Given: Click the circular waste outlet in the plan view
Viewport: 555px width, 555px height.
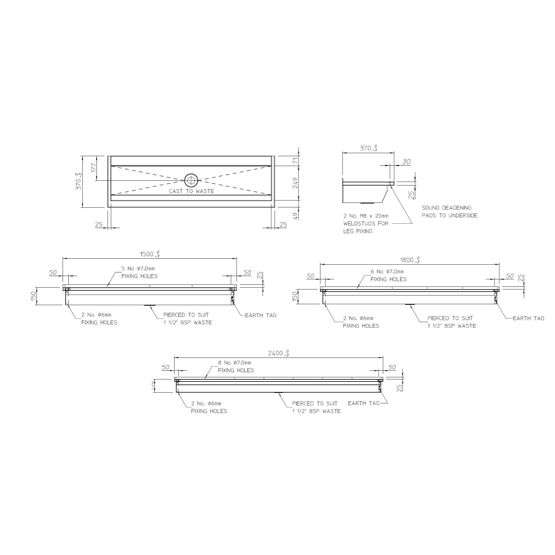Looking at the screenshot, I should click(x=191, y=180).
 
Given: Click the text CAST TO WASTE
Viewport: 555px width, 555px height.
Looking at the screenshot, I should click(x=191, y=191).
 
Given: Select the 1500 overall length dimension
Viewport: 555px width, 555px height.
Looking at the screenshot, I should click(x=149, y=254).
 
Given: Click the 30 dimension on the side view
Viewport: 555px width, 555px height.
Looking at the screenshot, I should click(x=406, y=162).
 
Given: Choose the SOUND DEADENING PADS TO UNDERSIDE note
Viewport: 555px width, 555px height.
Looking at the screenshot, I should click(x=449, y=211).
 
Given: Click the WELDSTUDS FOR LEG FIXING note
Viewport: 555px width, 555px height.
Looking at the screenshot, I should click(x=366, y=223).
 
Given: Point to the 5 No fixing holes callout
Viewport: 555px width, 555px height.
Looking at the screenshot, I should click(x=139, y=272).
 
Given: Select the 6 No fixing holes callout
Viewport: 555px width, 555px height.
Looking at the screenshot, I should click(x=388, y=275).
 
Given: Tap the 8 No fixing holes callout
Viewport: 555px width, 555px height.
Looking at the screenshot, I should click(x=236, y=367).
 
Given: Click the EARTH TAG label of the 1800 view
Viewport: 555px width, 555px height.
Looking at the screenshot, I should click(x=528, y=318).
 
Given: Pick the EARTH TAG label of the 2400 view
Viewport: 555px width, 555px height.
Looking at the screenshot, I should click(x=364, y=403).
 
